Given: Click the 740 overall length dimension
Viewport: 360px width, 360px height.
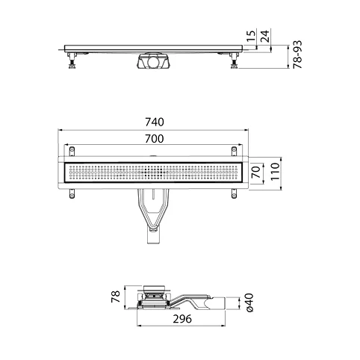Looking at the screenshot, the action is (x=155, y=122).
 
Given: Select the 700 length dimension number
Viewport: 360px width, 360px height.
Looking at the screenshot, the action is (x=155, y=139).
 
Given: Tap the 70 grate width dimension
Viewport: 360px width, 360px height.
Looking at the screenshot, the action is (x=256, y=173).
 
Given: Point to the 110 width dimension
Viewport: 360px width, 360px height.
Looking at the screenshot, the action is (x=275, y=172).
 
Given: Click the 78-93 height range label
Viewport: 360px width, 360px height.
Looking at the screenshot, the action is (x=297, y=55).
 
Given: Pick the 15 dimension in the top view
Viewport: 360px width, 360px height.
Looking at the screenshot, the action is (x=252, y=37).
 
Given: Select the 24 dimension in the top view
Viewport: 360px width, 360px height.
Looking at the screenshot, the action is (x=265, y=37).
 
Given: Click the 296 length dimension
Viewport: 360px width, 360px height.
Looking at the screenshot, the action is (x=182, y=319).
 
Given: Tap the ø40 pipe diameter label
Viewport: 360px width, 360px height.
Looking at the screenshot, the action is (x=249, y=302).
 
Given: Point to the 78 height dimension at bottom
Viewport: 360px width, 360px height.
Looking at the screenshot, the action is (x=116, y=297).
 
